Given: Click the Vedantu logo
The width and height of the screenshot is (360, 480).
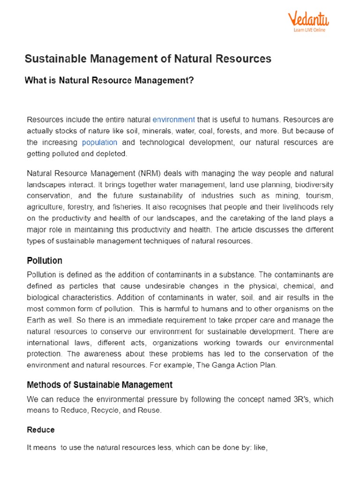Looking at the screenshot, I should point(308,20).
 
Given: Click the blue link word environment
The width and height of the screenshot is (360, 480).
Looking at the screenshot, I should point(174,120).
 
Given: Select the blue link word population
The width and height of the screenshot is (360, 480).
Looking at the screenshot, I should point(99,142).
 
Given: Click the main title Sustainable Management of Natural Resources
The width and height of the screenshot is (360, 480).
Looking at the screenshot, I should point(148,59).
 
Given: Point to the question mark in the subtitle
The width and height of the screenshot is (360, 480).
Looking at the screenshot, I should point(191,81).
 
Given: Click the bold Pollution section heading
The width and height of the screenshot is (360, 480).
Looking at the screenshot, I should point(45,261).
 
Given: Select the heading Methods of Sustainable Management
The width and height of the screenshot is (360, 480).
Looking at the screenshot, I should point(99,385).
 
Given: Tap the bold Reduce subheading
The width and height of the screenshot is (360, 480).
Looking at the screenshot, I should point(41,430).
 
